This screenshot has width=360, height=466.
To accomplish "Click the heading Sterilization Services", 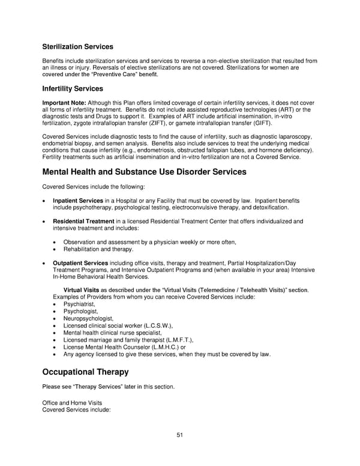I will point(77,47).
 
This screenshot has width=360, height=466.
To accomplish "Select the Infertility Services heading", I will point(73,89).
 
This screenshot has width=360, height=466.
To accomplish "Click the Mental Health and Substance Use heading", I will point(144,172).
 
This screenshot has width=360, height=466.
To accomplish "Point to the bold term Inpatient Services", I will point(78,201).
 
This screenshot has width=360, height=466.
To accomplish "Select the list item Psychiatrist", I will point(79,304).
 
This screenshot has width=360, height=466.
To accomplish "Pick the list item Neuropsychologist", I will point(88,318).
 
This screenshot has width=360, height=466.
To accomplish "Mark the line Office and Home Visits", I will point(72,402).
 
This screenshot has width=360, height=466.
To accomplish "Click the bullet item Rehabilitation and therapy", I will point(98,249).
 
